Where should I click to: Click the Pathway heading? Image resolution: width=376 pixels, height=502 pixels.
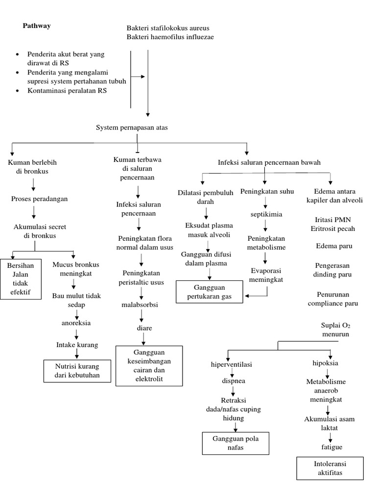tap(37, 26)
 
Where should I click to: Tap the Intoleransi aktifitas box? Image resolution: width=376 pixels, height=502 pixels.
tap(329, 468)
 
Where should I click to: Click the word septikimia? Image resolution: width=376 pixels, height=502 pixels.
tap(266, 214)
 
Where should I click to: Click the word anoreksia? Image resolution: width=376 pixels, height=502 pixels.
tap(76, 323)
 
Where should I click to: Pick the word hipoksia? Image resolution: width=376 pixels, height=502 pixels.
tap(325, 363)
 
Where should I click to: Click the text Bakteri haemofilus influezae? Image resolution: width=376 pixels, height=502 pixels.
tap(170, 37)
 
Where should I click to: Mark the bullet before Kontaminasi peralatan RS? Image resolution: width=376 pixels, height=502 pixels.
tap(18, 91)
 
